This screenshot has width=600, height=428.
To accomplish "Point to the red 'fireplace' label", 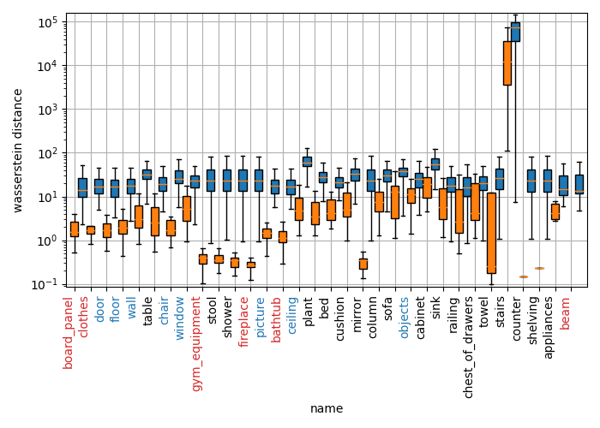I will click(x=244, y=322).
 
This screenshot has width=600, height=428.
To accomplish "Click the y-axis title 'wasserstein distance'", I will click(x=18, y=150).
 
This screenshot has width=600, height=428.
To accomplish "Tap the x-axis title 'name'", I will click(x=326, y=408).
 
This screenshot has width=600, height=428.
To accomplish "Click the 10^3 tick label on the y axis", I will click(x=46, y=110).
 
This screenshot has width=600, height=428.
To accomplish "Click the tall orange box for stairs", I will click(x=507, y=62).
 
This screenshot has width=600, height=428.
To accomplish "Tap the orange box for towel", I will click(x=491, y=232).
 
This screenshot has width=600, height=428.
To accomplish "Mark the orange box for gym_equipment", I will click(x=202, y=259).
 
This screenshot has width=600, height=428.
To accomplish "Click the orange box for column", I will click(x=379, y=202).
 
